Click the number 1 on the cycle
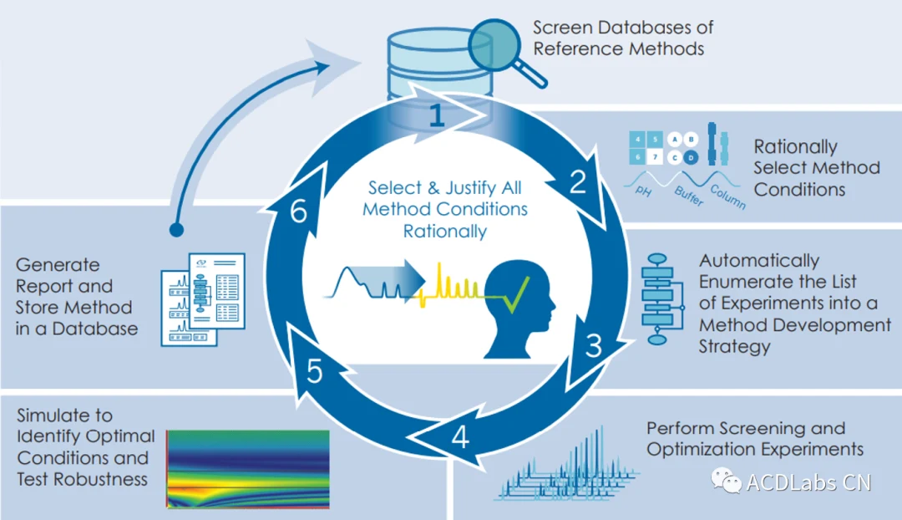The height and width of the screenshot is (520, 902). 437,115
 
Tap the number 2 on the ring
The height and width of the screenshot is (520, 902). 578,182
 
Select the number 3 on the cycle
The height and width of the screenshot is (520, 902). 594,345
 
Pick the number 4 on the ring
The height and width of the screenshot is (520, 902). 460,437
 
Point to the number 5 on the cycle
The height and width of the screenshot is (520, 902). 315,371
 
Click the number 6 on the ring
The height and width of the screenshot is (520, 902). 298,212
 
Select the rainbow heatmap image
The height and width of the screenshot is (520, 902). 248,469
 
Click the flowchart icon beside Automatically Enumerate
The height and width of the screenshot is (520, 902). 662,298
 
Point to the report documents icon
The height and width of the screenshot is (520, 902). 203,299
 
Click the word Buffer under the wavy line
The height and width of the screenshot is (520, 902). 688,196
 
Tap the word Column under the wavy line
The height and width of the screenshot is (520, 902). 727,197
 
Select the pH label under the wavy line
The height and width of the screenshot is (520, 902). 644,191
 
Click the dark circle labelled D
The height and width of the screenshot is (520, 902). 691,156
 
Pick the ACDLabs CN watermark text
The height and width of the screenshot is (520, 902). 808,482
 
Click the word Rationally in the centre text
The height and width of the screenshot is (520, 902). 444,232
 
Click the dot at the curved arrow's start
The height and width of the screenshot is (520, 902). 176,230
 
